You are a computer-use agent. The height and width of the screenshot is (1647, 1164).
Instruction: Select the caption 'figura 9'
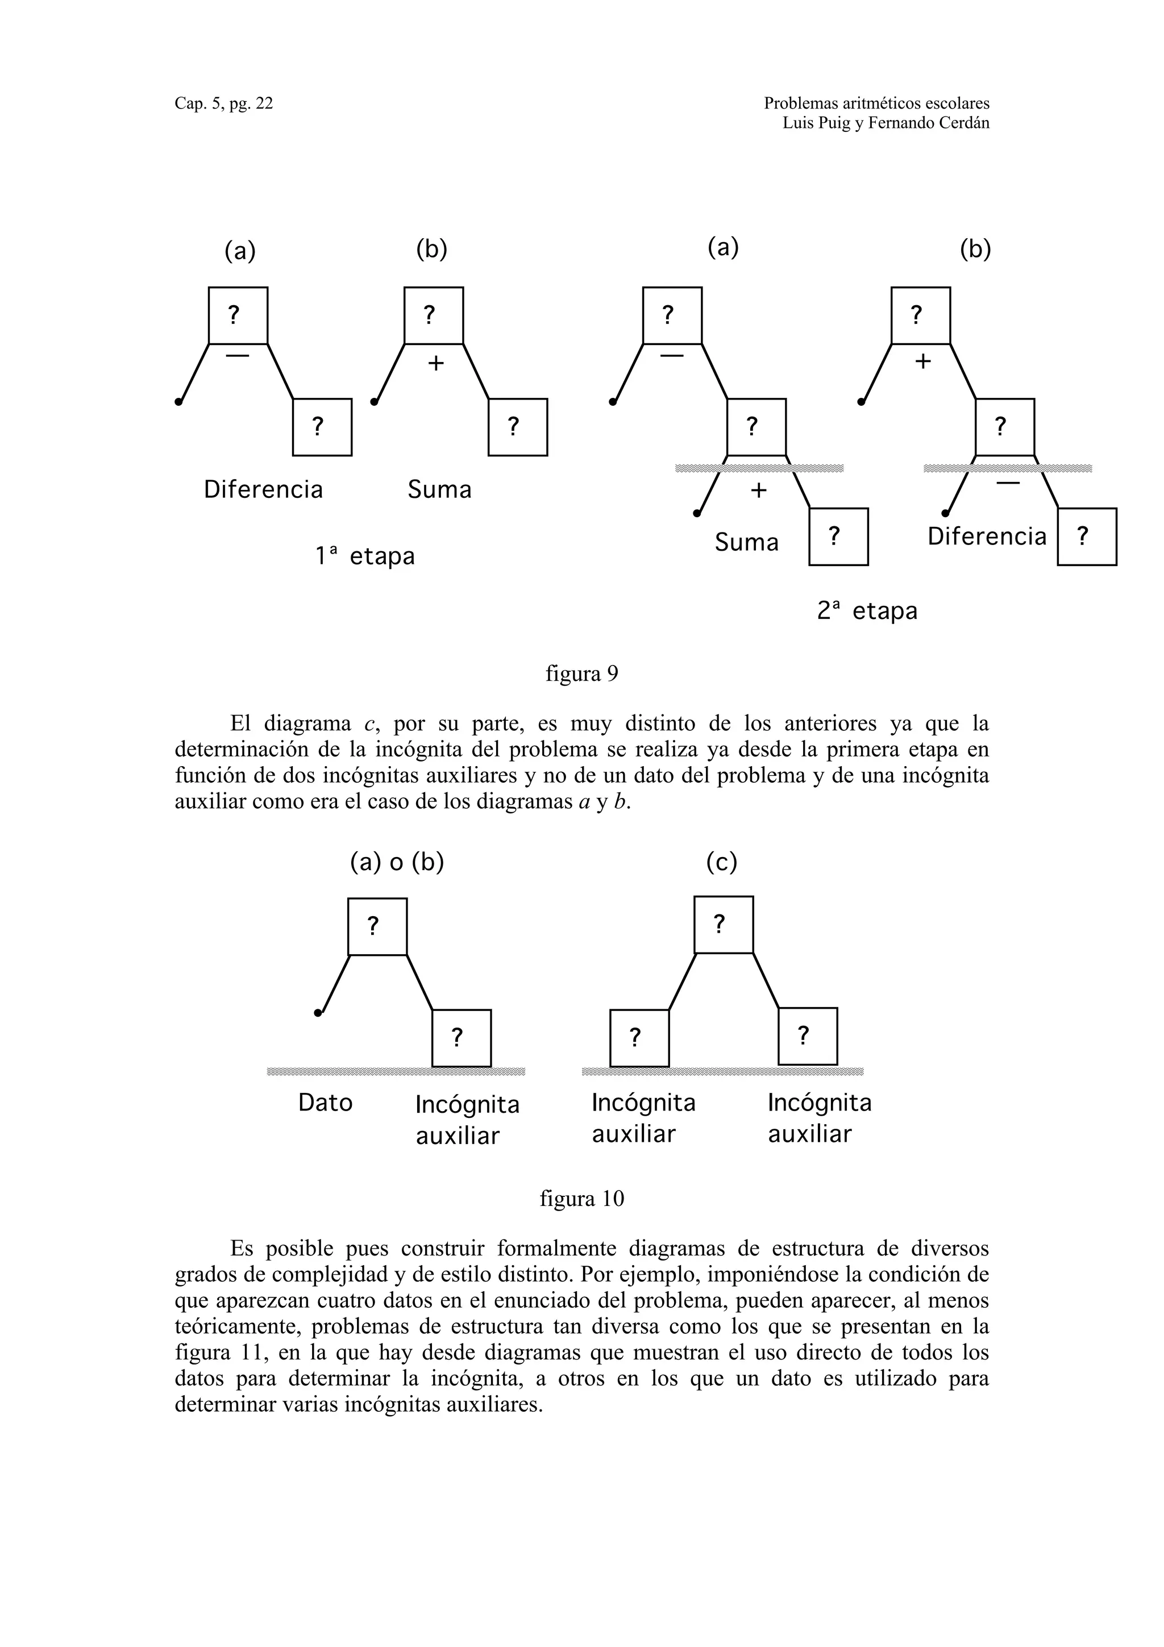pyautogui.click(x=581, y=673)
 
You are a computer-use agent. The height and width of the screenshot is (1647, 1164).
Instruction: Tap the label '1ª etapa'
pyautogui.click(x=364, y=556)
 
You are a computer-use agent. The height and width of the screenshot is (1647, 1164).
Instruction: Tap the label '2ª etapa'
pyautogui.click(x=867, y=610)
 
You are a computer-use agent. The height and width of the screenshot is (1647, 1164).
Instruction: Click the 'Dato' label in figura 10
pyautogui.click(x=325, y=1103)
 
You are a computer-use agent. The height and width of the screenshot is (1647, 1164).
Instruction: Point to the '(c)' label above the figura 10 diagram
pyautogui.click(x=721, y=862)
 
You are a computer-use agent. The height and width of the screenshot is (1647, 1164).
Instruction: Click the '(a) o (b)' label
pyautogui.click(x=397, y=862)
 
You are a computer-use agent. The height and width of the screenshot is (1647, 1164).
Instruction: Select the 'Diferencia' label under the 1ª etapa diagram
pyautogui.click(x=263, y=489)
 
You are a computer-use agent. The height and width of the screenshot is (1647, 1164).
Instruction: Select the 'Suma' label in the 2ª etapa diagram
pyautogui.click(x=746, y=542)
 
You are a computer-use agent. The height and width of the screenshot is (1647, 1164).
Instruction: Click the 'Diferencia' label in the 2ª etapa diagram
pyautogui.click(x=986, y=536)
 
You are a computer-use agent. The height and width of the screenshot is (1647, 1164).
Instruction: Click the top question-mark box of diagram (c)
pyautogui.click(x=723, y=925)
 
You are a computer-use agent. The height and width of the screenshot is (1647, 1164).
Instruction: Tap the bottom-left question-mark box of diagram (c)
pyautogui.click(x=639, y=1038)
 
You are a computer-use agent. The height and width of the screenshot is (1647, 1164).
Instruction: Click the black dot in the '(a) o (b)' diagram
pyautogui.click(x=318, y=1012)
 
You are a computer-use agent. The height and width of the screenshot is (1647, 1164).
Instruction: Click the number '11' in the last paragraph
pyautogui.click(x=256, y=1352)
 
